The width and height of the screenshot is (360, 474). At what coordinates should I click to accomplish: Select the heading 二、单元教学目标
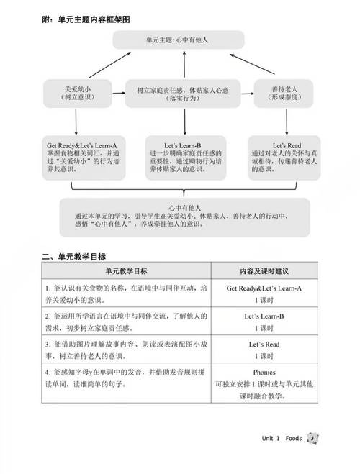[x=75, y=257]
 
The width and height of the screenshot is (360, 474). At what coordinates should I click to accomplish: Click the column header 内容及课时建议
[x=264, y=273]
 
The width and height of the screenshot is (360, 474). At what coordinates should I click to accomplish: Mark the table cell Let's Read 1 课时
[x=264, y=352]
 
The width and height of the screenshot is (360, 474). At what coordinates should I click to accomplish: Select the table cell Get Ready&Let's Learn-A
[x=264, y=293]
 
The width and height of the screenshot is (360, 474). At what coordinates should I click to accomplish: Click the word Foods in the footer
[x=293, y=439]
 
